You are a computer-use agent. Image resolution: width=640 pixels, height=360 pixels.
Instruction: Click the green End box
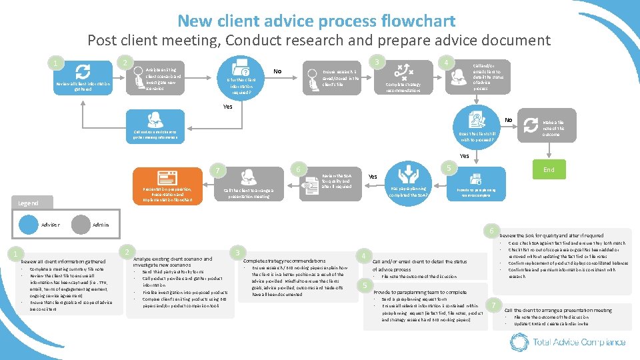coord(549,170)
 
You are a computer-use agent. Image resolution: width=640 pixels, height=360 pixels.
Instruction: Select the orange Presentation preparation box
coord(167,187)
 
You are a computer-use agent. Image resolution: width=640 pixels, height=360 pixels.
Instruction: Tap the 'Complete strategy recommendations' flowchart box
coord(403,78)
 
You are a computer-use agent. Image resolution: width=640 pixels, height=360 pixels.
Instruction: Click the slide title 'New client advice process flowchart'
coord(317,21)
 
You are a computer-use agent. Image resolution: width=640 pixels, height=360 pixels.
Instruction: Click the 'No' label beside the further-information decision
coord(277,71)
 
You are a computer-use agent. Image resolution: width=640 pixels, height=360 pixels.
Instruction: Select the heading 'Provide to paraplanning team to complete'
coord(420,292)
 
